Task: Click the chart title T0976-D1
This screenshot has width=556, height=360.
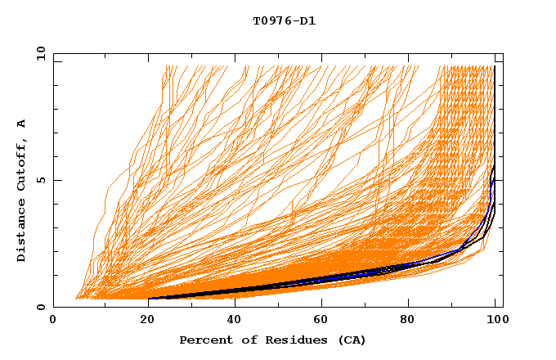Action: (284, 21)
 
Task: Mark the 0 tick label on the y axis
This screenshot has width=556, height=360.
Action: (42, 307)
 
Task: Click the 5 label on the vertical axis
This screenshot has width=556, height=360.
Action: (42, 180)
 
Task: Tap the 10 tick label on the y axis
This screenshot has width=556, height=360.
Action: (38, 53)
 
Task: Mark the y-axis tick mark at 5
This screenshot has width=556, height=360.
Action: (56, 180)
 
